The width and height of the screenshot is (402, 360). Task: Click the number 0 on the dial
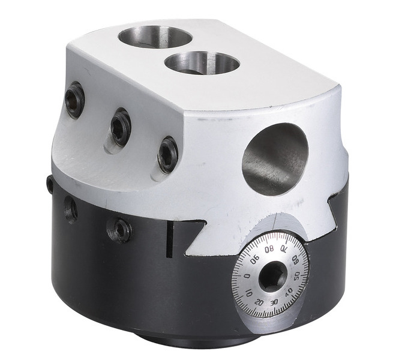coord(247,277)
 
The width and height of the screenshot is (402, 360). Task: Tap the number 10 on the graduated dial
coord(249,293)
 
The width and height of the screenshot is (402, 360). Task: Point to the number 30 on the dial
coord(274,302)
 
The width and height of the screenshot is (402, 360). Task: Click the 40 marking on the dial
coord(289,292)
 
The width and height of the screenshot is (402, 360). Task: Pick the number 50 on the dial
coord(296,277)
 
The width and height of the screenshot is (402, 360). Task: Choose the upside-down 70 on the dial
coord(284,249)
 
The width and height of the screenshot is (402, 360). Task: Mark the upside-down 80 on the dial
coord(269,250)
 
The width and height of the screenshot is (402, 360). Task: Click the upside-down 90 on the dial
coord(255,260)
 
